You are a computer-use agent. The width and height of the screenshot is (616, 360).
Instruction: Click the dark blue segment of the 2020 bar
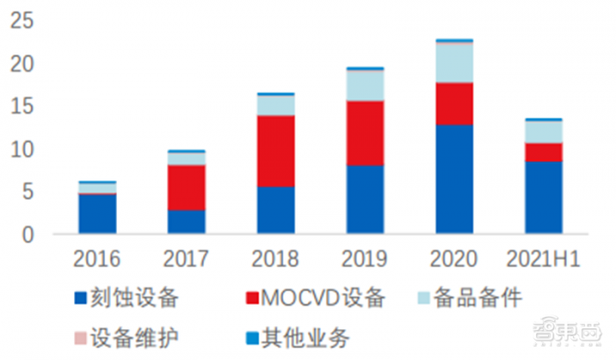pos(454,180)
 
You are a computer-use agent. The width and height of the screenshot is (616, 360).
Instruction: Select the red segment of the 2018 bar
pos(275,151)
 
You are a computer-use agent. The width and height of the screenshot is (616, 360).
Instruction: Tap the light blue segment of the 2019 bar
pos(364,84)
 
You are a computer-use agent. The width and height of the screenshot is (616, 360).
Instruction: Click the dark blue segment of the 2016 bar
pos(97,214)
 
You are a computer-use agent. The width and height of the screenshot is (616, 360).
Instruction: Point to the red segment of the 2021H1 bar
pos(543,151)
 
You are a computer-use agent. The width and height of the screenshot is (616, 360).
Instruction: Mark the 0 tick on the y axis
pos(27,235)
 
